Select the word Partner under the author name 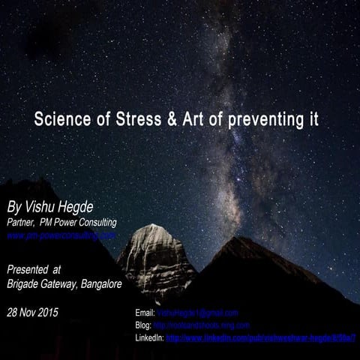click(x=22, y=222)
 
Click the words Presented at click(x=34, y=268)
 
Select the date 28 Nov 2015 click(x=32, y=311)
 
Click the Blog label click(x=143, y=325)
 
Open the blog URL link click(x=201, y=325)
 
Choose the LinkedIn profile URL click(x=261, y=339)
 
